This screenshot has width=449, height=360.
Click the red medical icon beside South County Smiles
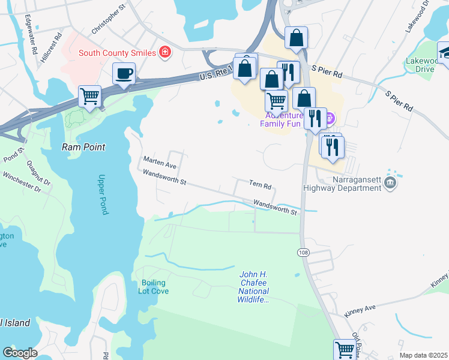[164, 53]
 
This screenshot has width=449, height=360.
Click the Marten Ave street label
[159, 162]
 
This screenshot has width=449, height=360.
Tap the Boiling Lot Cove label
[154, 287]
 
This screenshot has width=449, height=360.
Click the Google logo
[20, 353]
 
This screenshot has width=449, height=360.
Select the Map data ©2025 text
[423, 355]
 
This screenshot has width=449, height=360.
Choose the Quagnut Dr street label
[41, 174]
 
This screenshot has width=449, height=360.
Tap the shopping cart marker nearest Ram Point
[90, 97]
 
